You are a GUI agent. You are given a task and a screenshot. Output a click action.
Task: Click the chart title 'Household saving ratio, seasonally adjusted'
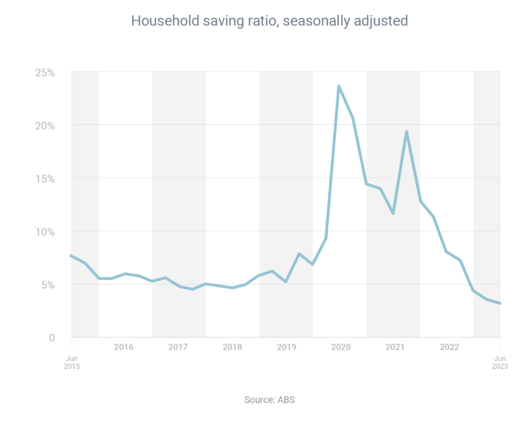(x=269, y=21)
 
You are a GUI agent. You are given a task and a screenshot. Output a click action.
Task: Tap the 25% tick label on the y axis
(x=45, y=72)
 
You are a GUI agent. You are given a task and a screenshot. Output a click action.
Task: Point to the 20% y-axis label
(x=45, y=125)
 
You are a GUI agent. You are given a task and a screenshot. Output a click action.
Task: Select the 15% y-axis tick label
(x=45, y=178)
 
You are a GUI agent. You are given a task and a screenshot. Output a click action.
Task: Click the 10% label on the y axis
(x=45, y=232)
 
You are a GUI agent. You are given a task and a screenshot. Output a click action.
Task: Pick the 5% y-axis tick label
(x=47, y=284)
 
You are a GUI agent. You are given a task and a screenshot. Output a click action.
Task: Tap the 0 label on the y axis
(x=51, y=337)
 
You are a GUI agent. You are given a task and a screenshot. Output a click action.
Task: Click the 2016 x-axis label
(x=124, y=347)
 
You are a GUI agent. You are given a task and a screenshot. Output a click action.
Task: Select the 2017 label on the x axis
(x=178, y=347)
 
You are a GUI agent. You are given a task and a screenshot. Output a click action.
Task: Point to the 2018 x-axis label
(x=232, y=347)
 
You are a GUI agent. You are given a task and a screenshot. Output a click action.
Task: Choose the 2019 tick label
(x=285, y=347)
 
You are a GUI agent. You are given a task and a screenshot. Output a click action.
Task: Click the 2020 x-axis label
(x=339, y=347)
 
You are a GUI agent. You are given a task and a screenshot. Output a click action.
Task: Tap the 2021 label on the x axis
(x=393, y=347)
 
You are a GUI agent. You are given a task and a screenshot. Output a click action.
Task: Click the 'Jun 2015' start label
(x=72, y=362)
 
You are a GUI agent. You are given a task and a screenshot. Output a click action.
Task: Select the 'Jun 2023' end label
(x=500, y=362)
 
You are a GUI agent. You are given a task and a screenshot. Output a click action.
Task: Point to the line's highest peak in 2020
(x=339, y=86)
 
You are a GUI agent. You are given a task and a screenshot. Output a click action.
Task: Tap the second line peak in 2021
(x=406, y=131)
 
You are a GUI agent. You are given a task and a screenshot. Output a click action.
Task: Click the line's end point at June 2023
(x=500, y=303)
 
